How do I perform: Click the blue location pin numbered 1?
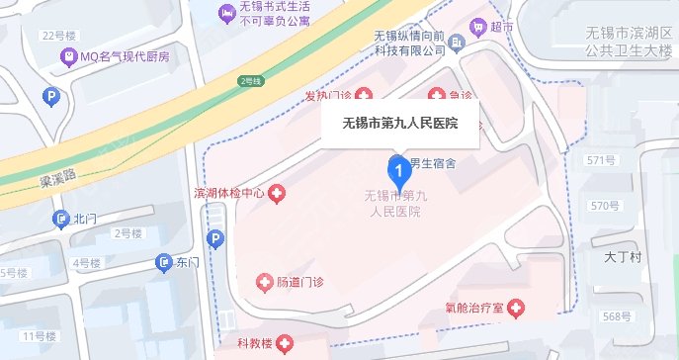(x=397, y=174)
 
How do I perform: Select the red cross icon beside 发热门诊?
(x=364, y=96)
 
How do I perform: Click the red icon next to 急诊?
(x=436, y=96)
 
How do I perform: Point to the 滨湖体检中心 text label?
(x=227, y=193)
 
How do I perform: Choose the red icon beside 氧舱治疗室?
(x=513, y=309)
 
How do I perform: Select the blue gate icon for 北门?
(x=63, y=219)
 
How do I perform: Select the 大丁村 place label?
(x=623, y=258)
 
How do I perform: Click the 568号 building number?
(x=616, y=316)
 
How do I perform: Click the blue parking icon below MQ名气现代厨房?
(x=51, y=97)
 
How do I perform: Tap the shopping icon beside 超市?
(x=478, y=26)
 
